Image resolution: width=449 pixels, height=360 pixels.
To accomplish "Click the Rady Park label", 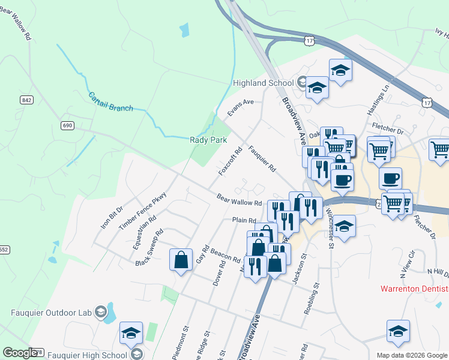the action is pos(208,139).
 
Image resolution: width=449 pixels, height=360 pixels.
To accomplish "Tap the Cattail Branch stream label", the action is pos(110,101).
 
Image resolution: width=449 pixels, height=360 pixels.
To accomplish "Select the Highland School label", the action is pos(262,83).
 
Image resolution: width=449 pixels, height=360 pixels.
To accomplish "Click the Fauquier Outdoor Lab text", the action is pos(52,312).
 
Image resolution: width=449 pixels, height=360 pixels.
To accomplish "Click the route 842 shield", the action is pos(26,100).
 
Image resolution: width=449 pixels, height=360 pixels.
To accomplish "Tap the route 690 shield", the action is pos(67,125).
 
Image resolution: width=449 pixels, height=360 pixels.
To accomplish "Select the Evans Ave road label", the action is pos(240,107).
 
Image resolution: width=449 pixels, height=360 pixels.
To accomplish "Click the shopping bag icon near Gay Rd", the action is pos(181,260).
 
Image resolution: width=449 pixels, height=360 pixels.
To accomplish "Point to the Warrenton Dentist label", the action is pos(414,289).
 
